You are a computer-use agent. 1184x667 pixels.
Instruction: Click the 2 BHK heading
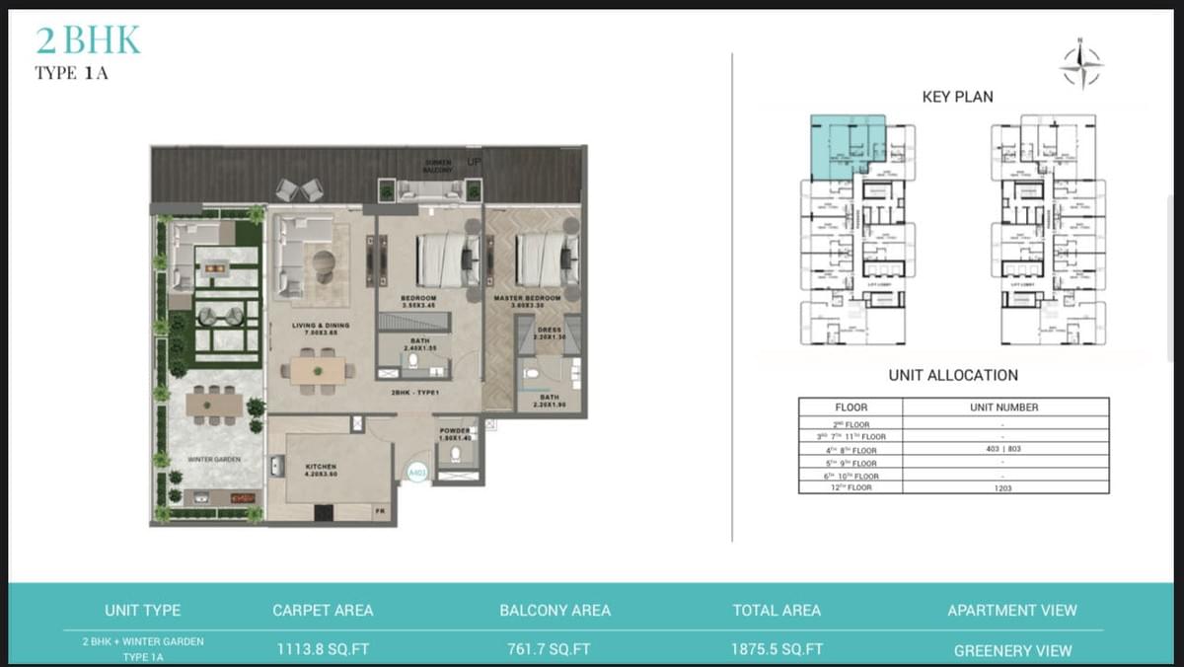click(88, 40)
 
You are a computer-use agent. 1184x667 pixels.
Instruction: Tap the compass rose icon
click(1080, 65)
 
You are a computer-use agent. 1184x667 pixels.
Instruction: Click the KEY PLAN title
click(957, 97)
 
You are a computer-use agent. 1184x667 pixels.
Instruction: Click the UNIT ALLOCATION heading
click(953, 375)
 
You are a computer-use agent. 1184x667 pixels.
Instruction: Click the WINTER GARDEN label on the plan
click(214, 460)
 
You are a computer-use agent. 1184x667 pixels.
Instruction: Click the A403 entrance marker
click(417, 474)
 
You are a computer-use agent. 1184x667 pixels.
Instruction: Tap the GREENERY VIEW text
click(1012, 650)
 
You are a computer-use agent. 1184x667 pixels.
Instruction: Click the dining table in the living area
click(318, 371)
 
